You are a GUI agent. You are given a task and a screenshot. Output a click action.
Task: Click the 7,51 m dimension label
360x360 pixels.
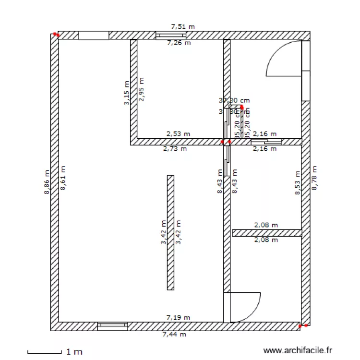point(183,27)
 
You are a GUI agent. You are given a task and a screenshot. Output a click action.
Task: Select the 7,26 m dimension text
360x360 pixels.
point(179,43)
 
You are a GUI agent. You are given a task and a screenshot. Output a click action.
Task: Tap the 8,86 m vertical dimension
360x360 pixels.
point(47,182)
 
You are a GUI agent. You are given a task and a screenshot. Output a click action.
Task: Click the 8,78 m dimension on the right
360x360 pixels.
point(315,178)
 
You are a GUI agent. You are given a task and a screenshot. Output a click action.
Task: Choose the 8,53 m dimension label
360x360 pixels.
point(298,183)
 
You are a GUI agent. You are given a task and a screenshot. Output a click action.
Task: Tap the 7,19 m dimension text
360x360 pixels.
point(178,317)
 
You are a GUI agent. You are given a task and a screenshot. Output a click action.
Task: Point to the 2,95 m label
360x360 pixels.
point(141,90)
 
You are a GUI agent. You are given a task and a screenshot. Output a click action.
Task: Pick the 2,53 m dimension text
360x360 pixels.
point(178,134)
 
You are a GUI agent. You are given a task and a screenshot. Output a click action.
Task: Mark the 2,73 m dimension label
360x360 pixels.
point(175,149)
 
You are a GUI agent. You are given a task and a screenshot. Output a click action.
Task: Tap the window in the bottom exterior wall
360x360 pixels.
point(113,326)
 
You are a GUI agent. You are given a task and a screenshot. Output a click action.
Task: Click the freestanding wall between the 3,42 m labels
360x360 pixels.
point(170,232)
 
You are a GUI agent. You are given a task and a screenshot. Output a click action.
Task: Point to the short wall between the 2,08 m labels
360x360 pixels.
point(267,233)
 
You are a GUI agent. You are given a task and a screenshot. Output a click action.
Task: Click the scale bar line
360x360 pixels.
point(45,354)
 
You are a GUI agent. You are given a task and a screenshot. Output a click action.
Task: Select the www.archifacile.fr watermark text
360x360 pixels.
point(298,352)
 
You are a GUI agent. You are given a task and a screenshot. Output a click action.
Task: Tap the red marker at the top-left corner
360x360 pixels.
point(56,35)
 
